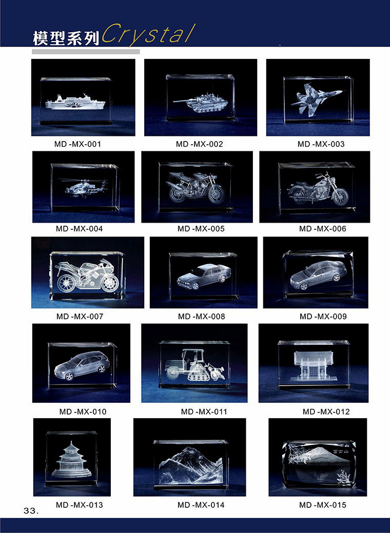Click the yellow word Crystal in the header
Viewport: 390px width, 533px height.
pos(149,34)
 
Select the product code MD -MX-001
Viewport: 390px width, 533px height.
pos(77,144)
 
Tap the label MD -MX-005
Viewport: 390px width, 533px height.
pos(201,229)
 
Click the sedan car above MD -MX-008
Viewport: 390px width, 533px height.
pos(202,277)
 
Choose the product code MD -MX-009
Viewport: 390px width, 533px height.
pos(323,317)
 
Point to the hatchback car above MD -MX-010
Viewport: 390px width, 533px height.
pos(82,365)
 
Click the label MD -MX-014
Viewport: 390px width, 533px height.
pos(201,505)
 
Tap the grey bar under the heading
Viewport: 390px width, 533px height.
pos(86,52)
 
